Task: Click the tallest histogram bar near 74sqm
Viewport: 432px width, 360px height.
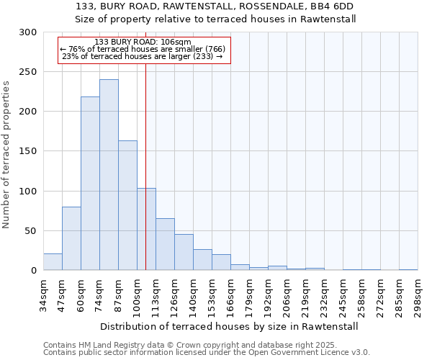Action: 109,175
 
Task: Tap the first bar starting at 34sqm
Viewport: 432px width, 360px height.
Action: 53,262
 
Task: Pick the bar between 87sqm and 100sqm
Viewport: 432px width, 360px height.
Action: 127,205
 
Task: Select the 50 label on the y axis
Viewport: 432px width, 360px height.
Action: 30,231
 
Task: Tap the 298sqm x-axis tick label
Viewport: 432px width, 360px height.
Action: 418,294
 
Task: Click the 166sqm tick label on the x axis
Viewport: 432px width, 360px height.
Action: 230,294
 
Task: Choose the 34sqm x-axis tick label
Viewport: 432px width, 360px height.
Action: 43,294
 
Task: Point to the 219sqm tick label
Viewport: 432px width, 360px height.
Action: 305,294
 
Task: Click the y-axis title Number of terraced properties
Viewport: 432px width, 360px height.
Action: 6,154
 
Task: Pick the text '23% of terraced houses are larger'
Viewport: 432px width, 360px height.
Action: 143,56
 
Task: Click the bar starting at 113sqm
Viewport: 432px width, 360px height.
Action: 165,244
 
